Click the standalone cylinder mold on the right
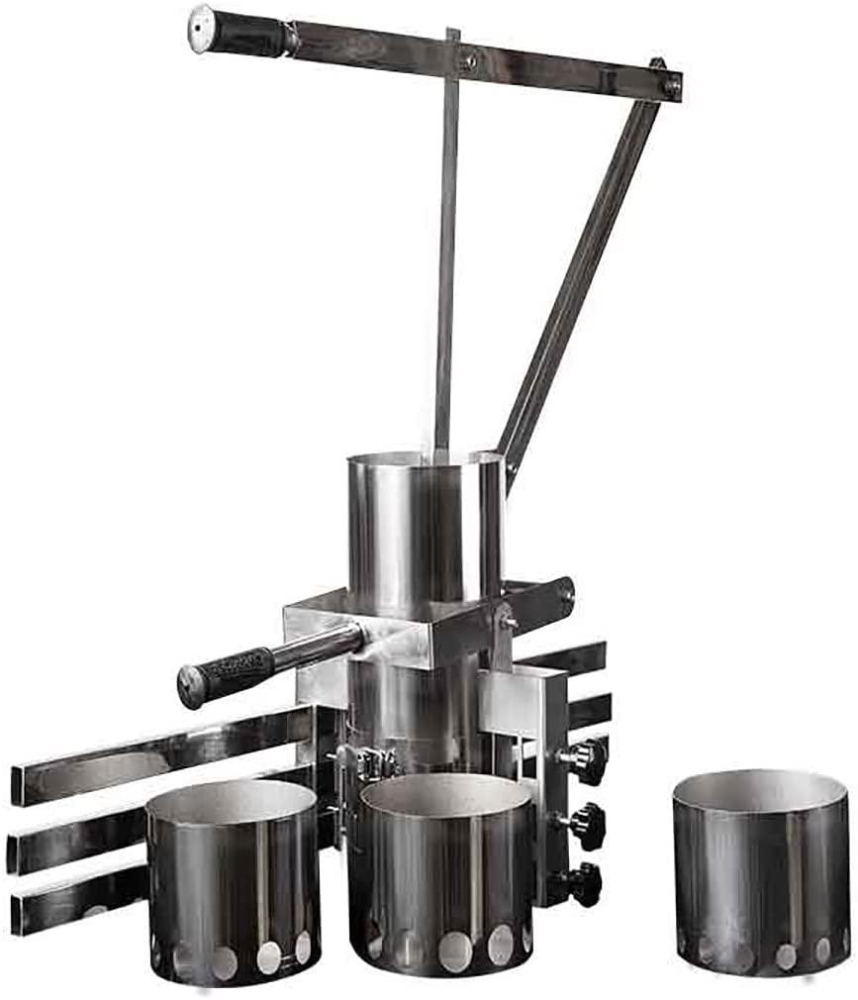point(760,871)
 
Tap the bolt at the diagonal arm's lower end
point(513,465)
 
